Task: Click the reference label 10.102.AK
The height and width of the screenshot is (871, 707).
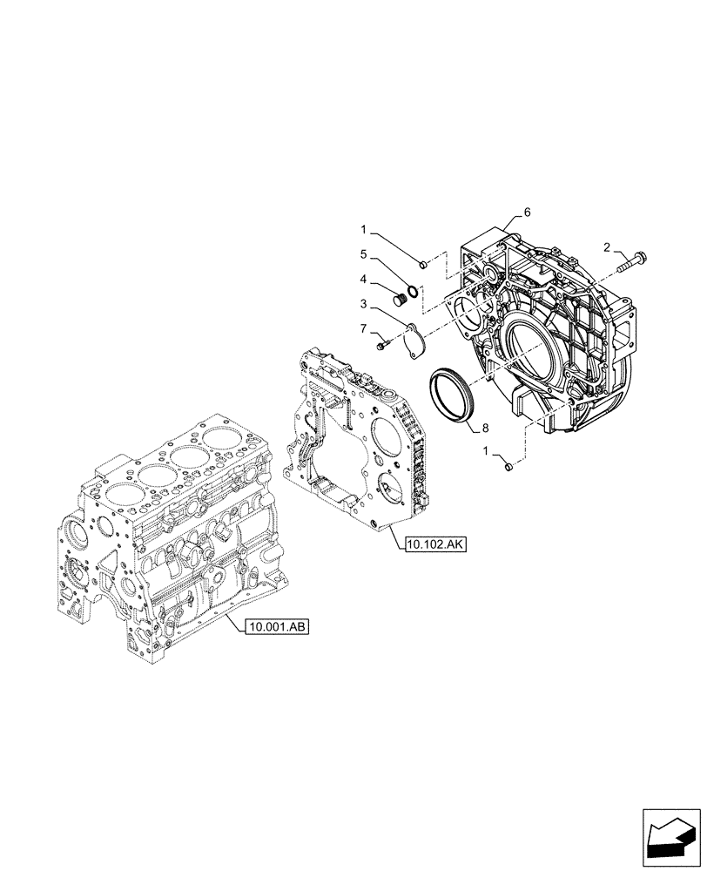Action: coord(436,545)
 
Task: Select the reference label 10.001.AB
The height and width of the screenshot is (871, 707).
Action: coord(271,625)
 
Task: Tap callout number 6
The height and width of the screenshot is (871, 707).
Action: coord(528,212)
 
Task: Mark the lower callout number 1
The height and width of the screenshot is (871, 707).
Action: coord(488,450)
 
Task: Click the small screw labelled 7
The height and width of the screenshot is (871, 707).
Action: coord(382,347)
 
